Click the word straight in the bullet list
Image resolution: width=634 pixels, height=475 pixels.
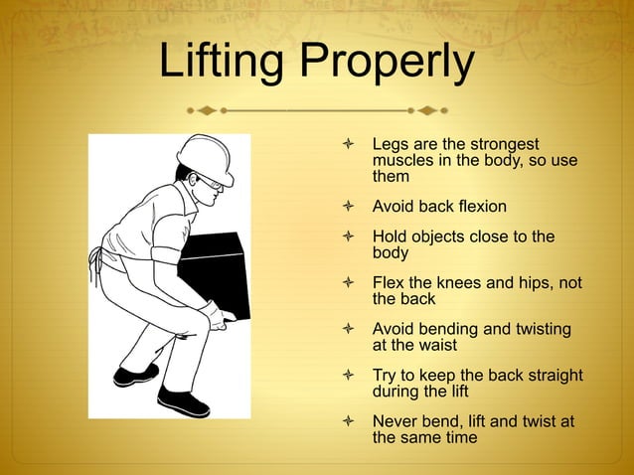click(x=548, y=376)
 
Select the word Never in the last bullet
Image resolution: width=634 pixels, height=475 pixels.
click(x=395, y=421)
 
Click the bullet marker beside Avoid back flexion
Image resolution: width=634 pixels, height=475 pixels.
click(x=347, y=207)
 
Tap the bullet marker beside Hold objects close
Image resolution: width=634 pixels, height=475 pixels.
click(x=347, y=237)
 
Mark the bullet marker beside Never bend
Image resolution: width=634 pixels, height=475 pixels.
click(x=347, y=421)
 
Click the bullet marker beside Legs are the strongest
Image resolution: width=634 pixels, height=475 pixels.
click(x=347, y=145)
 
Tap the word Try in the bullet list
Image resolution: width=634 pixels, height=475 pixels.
click(x=386, y=376)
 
